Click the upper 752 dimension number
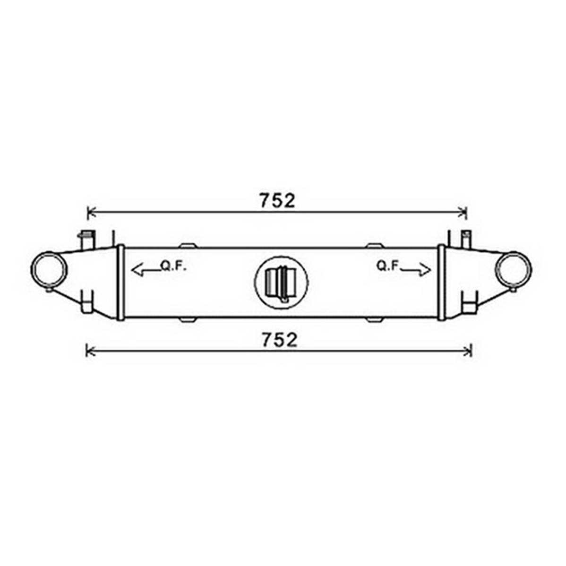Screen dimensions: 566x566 (277, 201)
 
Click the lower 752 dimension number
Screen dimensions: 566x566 (279, 340)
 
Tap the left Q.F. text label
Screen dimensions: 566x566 (173, 266)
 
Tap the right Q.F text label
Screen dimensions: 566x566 (387, 266)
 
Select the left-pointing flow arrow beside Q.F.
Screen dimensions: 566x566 (146, 270)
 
